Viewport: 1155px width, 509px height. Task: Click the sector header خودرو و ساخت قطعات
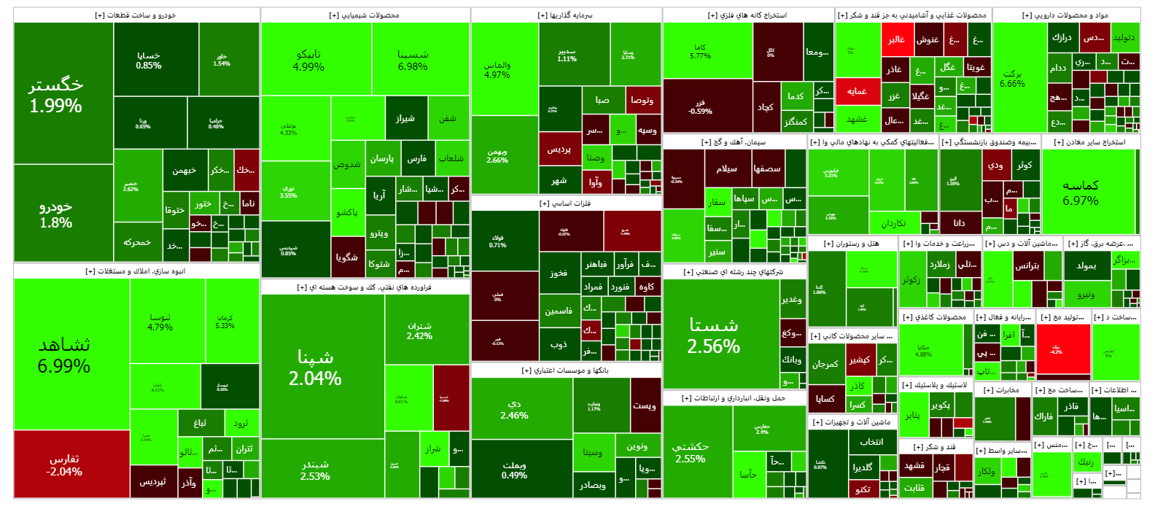(x=136, y=15)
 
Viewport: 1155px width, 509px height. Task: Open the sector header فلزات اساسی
(x=566, y=203)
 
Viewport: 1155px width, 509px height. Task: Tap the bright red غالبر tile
(x=896, y=39)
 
